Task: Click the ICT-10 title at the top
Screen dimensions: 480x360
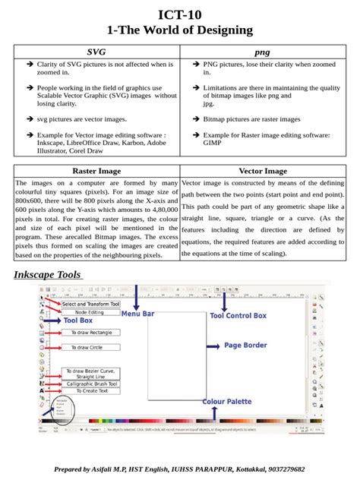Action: (x=180, y=14)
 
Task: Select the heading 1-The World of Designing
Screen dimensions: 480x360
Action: (x=180, y=30)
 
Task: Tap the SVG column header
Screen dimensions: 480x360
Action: (x=96, y=52)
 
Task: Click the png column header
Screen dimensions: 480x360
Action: (x=262, y=52)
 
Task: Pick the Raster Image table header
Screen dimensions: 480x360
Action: (x=96, y=171)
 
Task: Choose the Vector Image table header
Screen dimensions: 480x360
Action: (x=263, y=171)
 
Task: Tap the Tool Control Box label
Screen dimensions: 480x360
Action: (x=238, y=315)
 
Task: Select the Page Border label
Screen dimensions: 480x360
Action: (x=245, y=345)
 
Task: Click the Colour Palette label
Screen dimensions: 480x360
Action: (x=227, y=401)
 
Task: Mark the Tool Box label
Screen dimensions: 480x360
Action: (x=78, y=321)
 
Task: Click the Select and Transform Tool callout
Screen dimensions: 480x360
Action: (x=90, y=304)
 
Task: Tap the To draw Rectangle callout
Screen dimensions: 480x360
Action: (x=90, y=333)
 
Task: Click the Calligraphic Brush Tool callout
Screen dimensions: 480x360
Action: (x=92, y=384)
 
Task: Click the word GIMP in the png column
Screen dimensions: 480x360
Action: (x=213, y=142)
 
